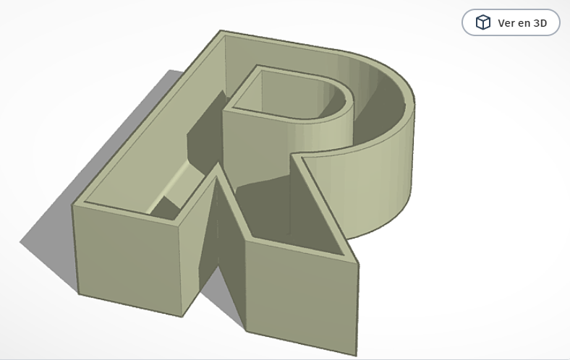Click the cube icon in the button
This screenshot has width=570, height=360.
482,22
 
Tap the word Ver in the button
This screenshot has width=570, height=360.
506,23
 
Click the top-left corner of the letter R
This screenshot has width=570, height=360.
221,31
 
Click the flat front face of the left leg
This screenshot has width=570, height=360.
127,260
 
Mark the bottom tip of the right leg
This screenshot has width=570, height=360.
357,355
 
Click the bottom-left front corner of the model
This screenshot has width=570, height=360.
78,293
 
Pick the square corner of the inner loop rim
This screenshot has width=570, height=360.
225,109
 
